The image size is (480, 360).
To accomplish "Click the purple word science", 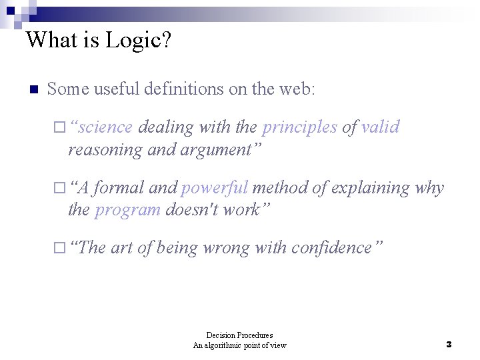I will (107, 127).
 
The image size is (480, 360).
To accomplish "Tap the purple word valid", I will (380, 127).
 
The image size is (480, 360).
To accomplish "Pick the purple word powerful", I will (215, 188).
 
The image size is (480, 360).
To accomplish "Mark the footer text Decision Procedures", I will (239, 335).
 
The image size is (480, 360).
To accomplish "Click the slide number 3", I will (449, 345).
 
